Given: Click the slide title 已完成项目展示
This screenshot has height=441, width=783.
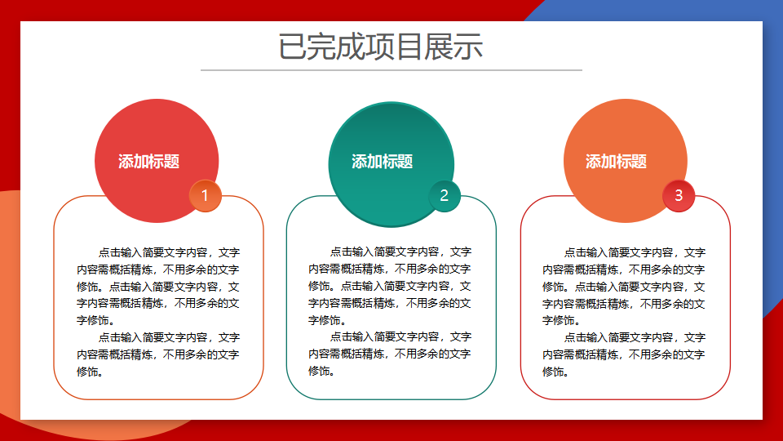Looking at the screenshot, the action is pyautogui.click(x=381, y=47).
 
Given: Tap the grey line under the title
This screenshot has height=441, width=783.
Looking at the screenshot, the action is pyautogui.click(x=391, y=70).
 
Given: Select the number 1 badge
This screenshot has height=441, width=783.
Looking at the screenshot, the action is pyautogui.click(x=205, y=195).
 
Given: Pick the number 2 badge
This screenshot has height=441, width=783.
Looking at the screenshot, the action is pyautogui.click(x=444, y=195).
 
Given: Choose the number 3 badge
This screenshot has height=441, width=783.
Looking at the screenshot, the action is pyautogui.click(x=678, y=195).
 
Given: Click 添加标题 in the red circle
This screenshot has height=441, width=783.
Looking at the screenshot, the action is pyautogui.click(x=148, y=162).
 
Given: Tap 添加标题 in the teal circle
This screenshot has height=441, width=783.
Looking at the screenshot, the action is pyautogui.click(x=382, y=162).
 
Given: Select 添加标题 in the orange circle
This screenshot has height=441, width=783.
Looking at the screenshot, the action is pyautogui.click(x=616, y=162).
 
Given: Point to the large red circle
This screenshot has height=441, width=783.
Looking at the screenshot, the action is pyautogui.click(x=157, y=161).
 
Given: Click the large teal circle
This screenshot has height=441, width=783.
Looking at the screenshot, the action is pyautogui.click(x=391, y=164).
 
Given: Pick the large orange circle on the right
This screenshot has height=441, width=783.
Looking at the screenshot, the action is pyautogui.click(x=626, y=161).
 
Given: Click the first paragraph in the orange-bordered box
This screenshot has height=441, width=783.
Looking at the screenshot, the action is pyautogui.click(x=157, y=287).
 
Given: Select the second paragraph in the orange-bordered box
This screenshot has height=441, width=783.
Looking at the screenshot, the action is pyautogui.click(x=157, y=354).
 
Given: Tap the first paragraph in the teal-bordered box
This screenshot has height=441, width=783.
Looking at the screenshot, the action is pyautogui.click(x=390, y=286).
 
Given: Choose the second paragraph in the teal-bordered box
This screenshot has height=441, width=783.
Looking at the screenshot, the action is pyautogui.click(x=390, y=354).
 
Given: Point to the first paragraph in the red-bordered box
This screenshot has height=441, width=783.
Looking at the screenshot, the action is pyautogui.click(x=624, y=287).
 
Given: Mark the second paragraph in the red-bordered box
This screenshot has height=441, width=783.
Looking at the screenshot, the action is pyautogui.click(x=624, y=354).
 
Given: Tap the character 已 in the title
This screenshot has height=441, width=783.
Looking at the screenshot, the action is pyautogui.click(x=292, y=47).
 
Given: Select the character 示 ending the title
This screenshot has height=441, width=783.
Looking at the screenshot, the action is pyautogui.click(x=468, y=47).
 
